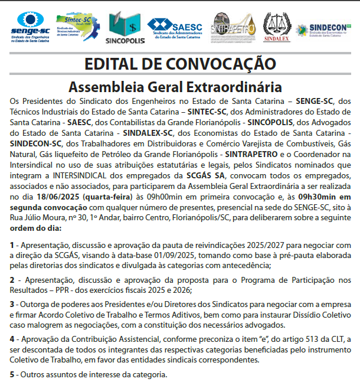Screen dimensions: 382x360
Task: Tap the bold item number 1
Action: (12, 244)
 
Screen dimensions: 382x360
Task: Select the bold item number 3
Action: (12, 305)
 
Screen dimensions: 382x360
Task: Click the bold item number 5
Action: (12, 374)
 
